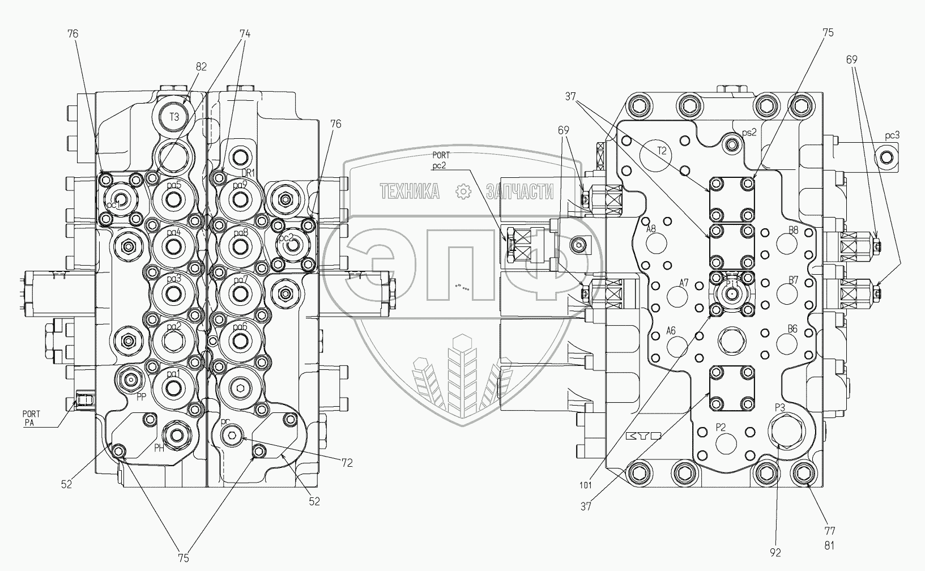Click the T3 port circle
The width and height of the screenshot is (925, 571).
point(174,117)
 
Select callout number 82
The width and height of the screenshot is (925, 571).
point(201,66)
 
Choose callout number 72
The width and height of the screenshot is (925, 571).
point(347,463)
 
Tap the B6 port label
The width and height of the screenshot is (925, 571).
point(793,329)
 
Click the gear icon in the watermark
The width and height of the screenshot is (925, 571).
point(464,191)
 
